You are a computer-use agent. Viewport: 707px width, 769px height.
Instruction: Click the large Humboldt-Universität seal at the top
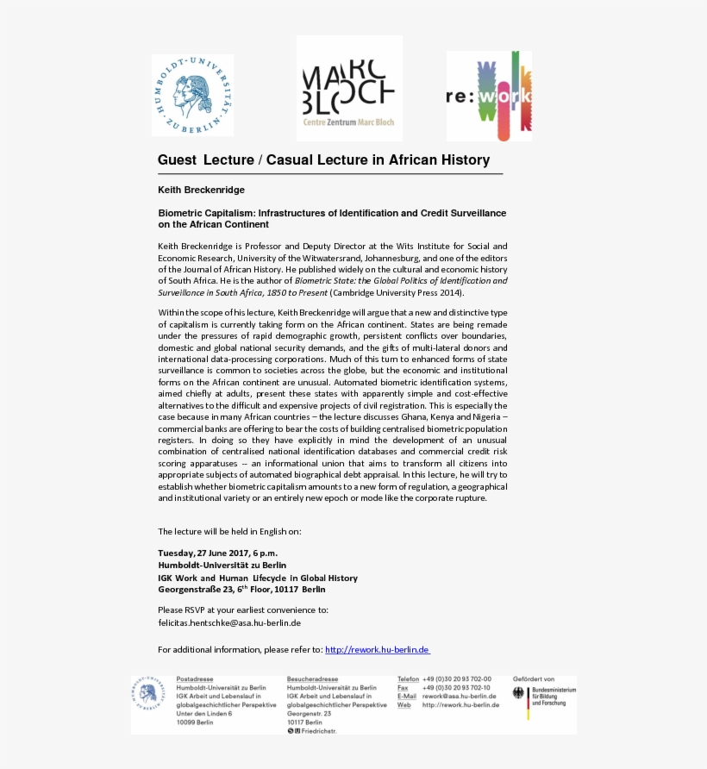pos(192,95)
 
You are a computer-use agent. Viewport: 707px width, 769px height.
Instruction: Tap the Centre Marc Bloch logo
pos(349,88)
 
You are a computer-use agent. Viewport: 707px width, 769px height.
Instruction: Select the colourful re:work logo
pos(488,96)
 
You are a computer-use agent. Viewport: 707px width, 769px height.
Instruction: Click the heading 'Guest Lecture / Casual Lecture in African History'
pos(323,160)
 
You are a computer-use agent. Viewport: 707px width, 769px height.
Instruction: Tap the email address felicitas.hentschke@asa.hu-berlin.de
pos(229,622)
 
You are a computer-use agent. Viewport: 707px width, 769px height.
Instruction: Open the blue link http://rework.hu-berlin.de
pos(377,650)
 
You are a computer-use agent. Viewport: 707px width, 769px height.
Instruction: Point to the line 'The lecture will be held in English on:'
pos(229,531)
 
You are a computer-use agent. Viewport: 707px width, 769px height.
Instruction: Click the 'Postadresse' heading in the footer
pos(194,679)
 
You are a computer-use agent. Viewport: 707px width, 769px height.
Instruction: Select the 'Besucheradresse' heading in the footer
pos(312,679)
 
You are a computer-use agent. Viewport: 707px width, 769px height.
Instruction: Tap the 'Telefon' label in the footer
pos(408,679)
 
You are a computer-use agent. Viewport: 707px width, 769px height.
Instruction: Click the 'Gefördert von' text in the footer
pos(534,679)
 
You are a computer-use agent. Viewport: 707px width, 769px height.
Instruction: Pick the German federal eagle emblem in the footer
pos(518,693)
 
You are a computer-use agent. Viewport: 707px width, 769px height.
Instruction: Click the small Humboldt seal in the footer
pos(149,694)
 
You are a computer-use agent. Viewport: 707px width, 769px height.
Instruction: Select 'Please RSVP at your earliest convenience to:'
pos(242,610)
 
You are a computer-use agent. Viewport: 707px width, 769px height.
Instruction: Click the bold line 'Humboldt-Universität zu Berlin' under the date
pos(222,566)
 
